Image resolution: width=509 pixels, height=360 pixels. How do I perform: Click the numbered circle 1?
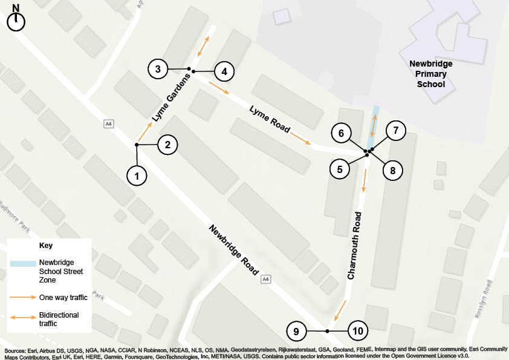(x=137, y=175)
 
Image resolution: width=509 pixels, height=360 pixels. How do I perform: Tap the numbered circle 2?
(x=167, y=145)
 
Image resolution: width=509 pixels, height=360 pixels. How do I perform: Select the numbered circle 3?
(x=158, y=69)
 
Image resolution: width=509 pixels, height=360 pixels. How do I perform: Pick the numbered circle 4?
(x=224, y=71)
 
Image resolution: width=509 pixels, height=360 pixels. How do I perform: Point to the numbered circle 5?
(x=340, y=169)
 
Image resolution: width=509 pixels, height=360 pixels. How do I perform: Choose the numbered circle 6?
(x=341, y=133)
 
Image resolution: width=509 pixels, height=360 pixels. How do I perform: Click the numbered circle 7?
(x=395, y=130)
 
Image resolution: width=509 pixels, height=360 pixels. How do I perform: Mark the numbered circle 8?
(x=392, y=171)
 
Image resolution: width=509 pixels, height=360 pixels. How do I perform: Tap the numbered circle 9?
(x=296, y=332)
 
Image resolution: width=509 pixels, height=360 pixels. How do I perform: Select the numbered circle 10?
(x=357, y=332)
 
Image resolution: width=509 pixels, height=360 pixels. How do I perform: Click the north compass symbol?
(x=16, y=19)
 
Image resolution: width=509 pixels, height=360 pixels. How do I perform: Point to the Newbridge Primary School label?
(x=431, y=74)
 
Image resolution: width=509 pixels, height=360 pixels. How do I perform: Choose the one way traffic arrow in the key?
(x=22, y=297)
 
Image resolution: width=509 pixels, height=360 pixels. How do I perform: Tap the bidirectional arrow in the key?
(x=22, y=316)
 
